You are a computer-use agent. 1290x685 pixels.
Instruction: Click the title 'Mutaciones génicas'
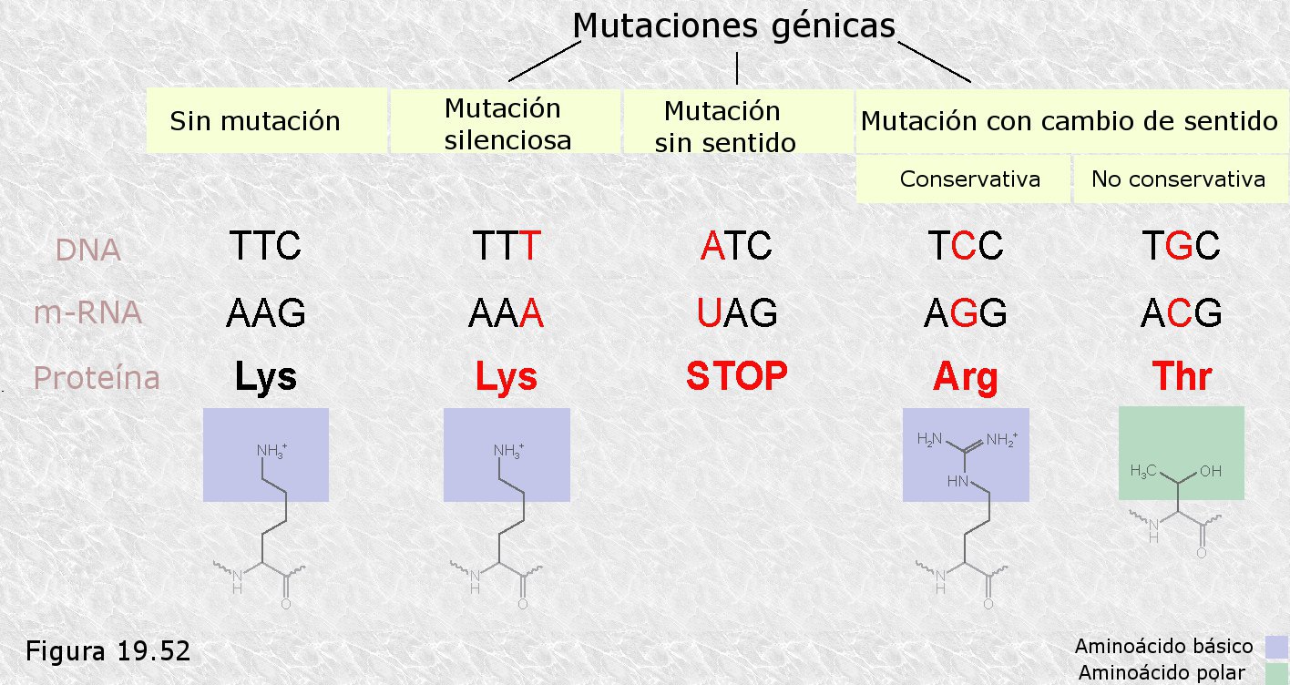(x=733, y=26)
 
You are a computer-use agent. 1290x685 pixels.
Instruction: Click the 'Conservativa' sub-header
(x=969, y=179)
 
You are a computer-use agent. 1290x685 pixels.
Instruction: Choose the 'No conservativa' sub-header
(x=1178, y=179)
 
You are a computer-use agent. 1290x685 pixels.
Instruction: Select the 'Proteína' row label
(x=97, y=377)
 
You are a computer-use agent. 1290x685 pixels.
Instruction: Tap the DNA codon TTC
(x=264, y=246)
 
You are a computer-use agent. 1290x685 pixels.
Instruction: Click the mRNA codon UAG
(x=736, y=313)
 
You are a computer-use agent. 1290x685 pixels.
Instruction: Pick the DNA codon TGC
(x=1182, y=246)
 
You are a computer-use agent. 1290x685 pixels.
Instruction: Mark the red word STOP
(x=736, y=376)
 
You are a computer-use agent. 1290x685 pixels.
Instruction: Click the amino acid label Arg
(x=966, y=377)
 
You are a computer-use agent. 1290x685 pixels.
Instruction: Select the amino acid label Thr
(x=1182, y=376)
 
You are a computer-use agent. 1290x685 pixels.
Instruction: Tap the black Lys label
(x=265, y=377)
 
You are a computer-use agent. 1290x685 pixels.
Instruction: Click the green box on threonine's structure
(x=1181, y=453)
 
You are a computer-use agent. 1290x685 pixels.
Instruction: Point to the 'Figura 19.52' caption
(x=107, y=651)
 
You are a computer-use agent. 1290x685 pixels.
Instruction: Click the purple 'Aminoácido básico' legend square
(x=1277, y=647)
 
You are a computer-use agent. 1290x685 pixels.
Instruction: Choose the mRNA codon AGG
(x=966, y=313)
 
